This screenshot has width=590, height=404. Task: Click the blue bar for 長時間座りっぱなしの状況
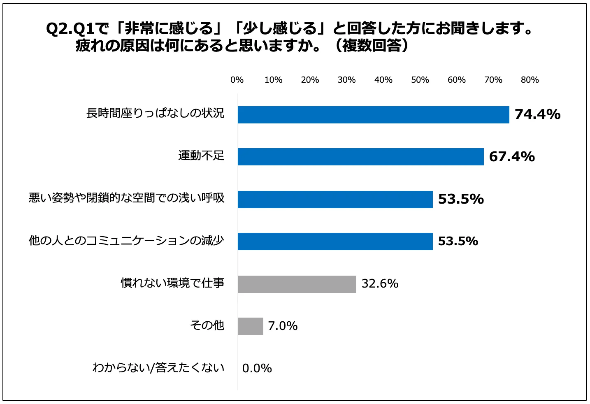(373, 115)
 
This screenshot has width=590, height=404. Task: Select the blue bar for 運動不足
(360, 157)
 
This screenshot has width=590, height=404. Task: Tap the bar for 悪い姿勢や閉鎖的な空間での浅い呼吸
(335, 200)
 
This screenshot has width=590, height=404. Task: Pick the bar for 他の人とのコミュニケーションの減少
(335, 241)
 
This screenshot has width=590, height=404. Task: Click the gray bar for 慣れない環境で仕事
(297, 284)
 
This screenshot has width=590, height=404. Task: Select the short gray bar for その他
(250, 326)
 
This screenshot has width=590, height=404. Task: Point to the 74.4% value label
(537, 114)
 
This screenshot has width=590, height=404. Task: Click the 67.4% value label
(512, 157)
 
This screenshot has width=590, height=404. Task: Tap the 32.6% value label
(380, 284)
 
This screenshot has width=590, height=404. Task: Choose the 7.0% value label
(283, 326)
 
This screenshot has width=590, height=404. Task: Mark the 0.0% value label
(257, 369)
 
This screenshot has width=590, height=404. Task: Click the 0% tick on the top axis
(237, 80)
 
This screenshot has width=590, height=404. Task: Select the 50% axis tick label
(420, 80)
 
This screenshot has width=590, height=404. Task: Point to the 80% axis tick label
(530, 80)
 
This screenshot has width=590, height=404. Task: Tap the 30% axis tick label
(346, 80)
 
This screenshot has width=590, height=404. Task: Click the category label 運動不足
(201, 156)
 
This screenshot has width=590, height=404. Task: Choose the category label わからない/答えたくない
(158, 367)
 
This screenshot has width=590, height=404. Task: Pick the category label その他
(207, 325)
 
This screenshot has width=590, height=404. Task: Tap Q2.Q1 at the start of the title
(70, 29)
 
